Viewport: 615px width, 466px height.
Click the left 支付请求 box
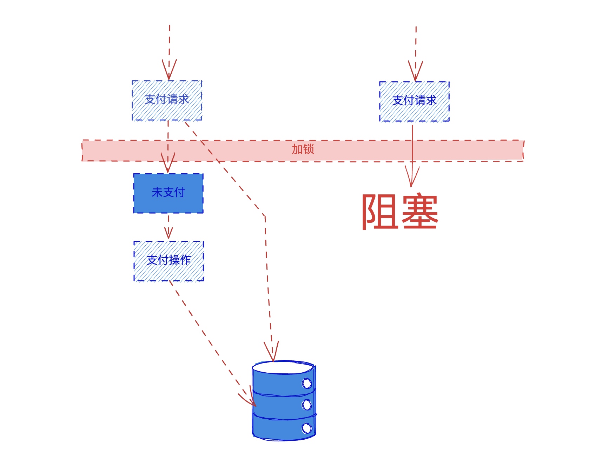(x=167, y=100)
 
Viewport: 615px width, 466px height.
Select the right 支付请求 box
(x=415, y=101)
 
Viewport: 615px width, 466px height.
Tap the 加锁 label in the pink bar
(x=303, y=149)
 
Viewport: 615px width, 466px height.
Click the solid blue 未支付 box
(x=168, y=193)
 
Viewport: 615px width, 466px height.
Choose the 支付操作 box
(x=169, y=261)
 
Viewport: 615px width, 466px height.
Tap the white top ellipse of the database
(x=283, y=367)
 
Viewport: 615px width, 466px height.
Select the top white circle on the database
(x=307, y=383)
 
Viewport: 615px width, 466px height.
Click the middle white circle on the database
(x=307, y=405)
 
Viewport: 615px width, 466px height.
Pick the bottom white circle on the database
(x=307, y=428)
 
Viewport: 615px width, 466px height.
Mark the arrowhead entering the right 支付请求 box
(x=416, y=71)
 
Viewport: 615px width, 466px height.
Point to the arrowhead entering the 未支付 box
(x=168, y=162)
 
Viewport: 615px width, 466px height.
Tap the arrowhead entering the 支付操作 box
(x=168, y=233)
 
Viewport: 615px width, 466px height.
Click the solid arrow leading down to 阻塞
(x=412, y=156)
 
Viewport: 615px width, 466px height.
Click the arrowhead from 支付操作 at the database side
(x=248, y=397)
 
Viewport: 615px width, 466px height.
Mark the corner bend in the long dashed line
(x=265, y=215)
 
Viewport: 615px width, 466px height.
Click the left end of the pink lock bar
(x=82, y=151)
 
